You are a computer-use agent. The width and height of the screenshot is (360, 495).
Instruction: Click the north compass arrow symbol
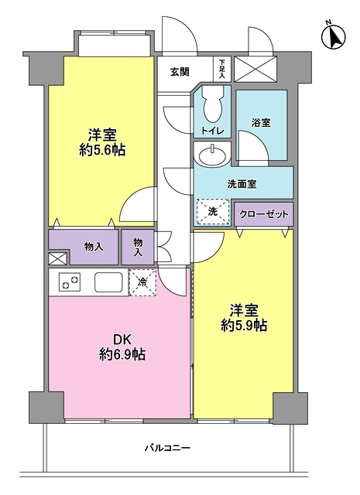(335, 36)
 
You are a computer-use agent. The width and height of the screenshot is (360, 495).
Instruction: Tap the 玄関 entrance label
(180, 72)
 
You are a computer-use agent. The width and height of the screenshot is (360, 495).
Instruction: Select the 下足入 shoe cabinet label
(222, 69)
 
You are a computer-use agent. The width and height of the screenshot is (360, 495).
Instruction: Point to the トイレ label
(213, 131)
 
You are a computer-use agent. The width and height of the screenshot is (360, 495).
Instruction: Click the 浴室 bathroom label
(261, 121)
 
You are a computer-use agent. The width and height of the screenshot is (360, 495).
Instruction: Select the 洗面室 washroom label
(242, 184)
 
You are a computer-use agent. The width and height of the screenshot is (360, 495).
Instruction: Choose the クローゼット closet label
(264, 213)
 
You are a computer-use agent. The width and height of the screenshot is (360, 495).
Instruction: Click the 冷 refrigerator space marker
(142, 282)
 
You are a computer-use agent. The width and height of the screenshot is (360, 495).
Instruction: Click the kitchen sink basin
(107, 282)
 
